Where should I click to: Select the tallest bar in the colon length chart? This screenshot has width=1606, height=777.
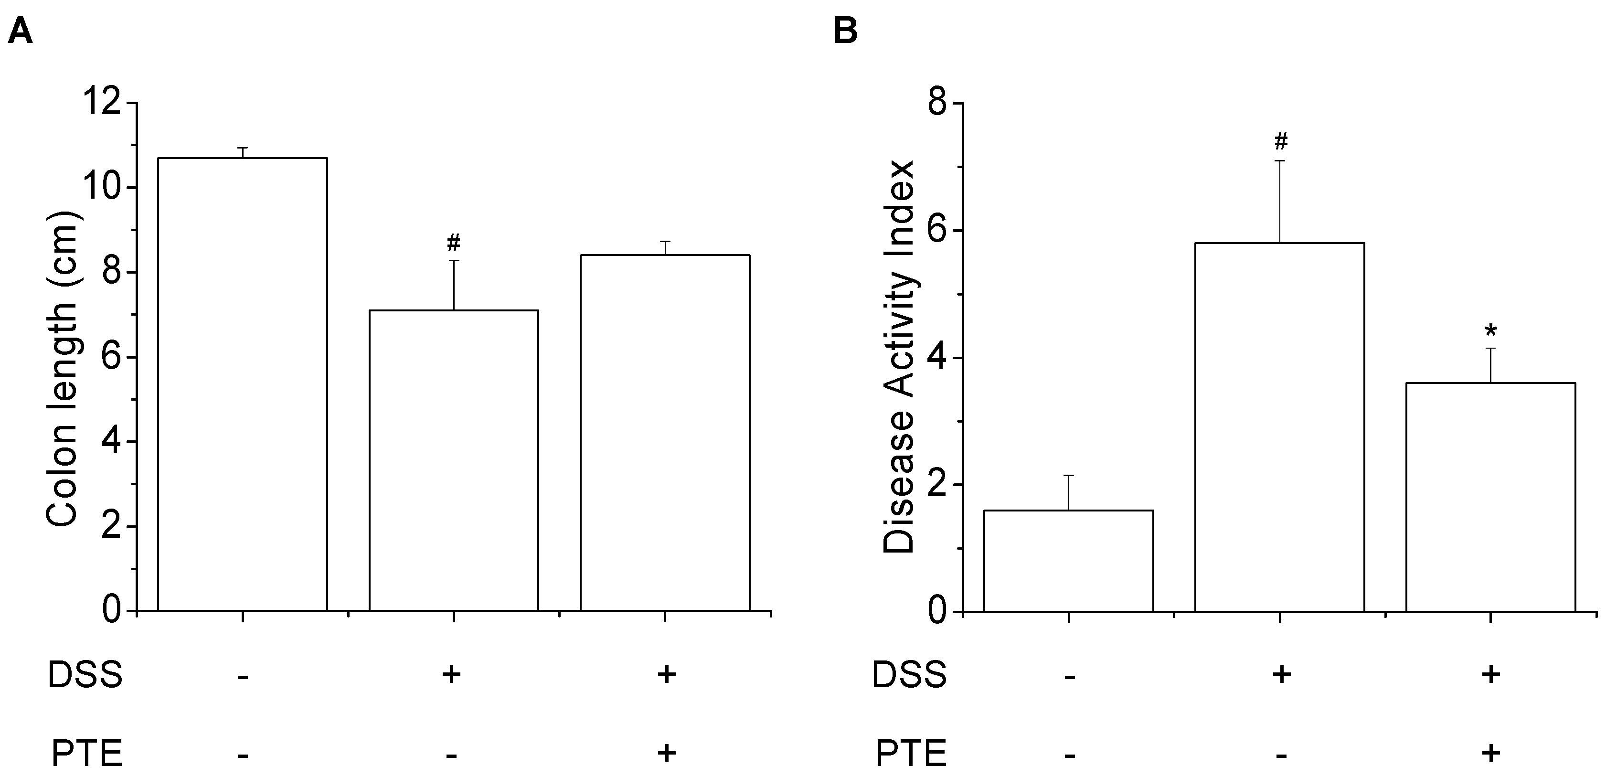click(x=243, y=383)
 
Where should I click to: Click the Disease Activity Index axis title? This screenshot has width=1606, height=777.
click(x=898, y=357)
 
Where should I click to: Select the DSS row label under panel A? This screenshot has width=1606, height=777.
click(x=85, y=675)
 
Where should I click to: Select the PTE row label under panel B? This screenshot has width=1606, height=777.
click(x=911, y=753)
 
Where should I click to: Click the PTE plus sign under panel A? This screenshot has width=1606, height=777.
click(x=665, y=753)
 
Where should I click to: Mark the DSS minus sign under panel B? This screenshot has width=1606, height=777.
click(x=1069, y=676)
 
